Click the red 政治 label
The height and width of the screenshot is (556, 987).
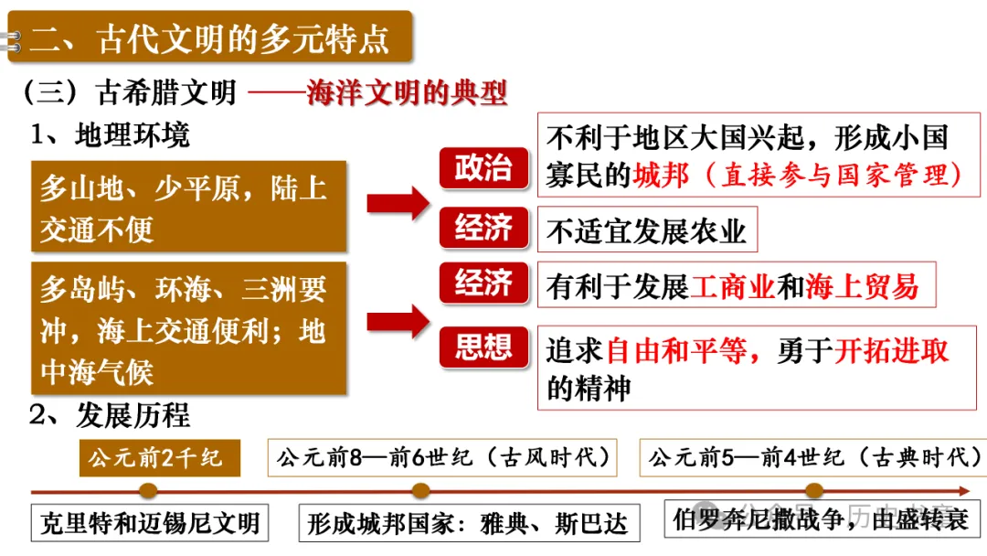click(484, 168)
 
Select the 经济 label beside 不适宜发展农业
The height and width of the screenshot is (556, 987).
click(484, 229)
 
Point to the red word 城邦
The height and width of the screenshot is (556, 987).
click(661, 175)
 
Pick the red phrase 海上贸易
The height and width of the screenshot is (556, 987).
click(862, 287)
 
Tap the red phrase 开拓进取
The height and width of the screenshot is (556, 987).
click(892, 351)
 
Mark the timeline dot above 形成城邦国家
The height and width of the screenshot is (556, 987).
click(420, 491)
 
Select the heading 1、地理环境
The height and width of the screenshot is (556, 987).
click(110, 135)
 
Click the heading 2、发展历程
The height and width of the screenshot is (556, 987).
click(110, 416)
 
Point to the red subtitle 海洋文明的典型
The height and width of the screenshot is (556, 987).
click(407, 93)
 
